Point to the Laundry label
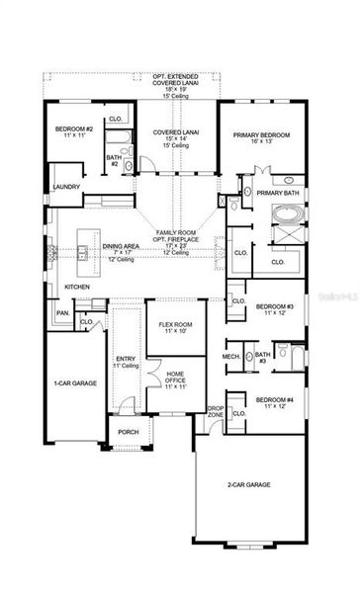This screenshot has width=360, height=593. [x=66, y=185]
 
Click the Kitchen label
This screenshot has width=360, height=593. [x=78, y=286]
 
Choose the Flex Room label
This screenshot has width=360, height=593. [x=176, y=324]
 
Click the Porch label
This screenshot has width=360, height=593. [x=129, y=431]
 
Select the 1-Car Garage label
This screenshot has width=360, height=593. [x=74, y=381]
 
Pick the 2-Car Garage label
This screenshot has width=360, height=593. [x=249, y=484]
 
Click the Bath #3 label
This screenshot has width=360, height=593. [x=261, y=357]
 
